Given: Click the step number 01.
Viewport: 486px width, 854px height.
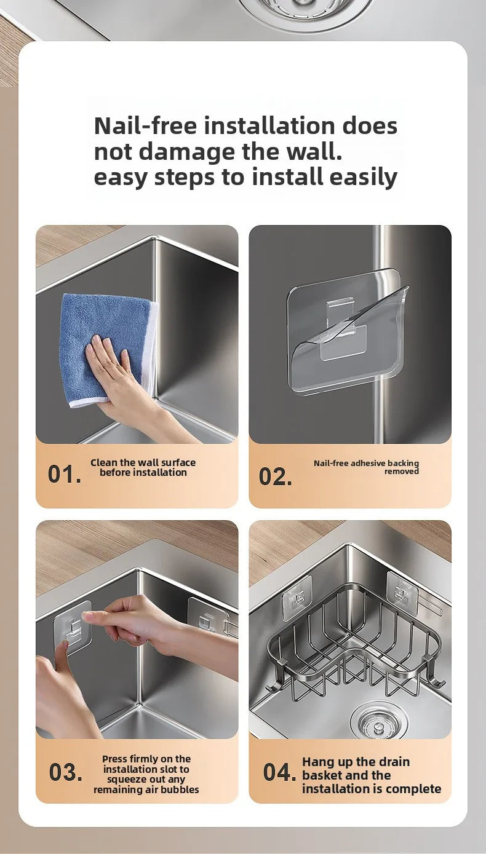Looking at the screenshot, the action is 64,474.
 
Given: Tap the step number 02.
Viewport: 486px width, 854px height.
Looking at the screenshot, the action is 276,476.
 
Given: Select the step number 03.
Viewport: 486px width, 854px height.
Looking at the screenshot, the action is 65,772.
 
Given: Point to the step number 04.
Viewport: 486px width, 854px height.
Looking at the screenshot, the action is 279,772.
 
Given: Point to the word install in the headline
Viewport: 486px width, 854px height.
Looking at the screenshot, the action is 288,177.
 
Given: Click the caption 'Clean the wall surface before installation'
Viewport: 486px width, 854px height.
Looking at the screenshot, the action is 143,467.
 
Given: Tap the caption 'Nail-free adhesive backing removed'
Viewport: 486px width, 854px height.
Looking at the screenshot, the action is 366,467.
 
